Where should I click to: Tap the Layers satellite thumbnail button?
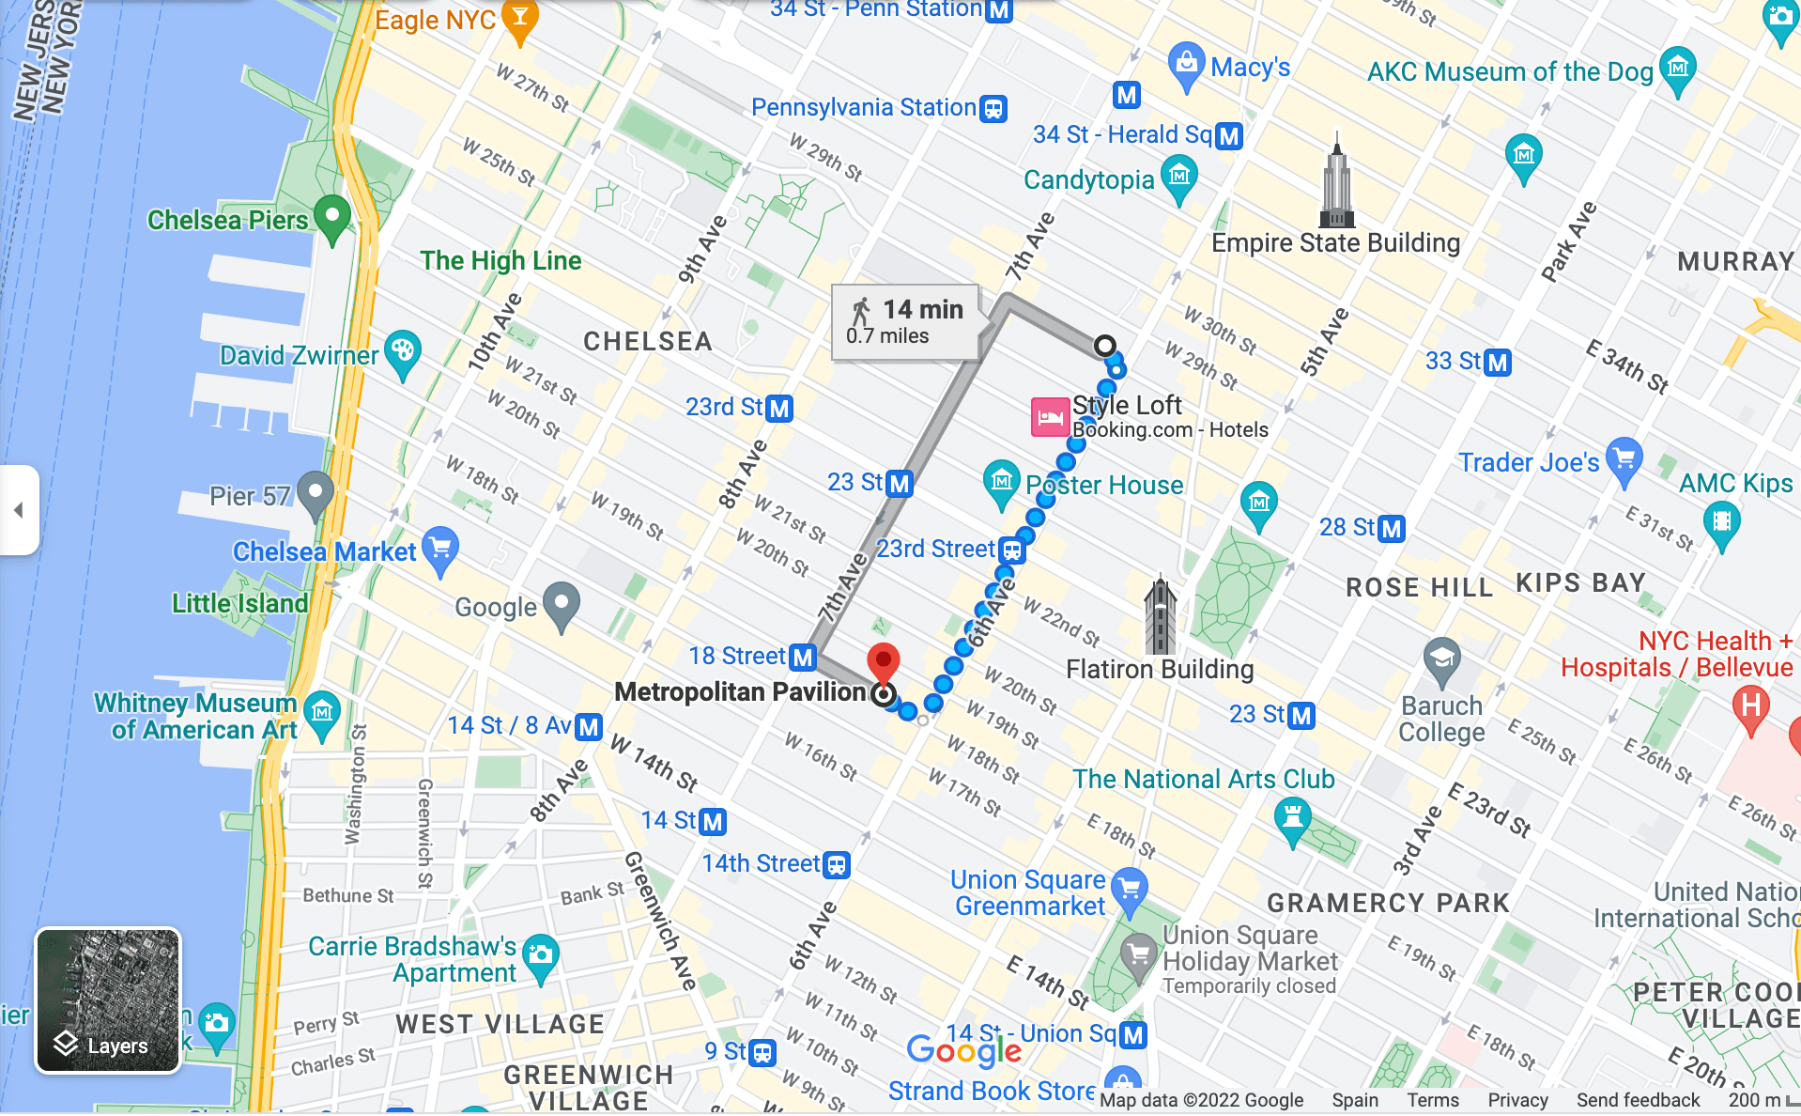click(108, 1000)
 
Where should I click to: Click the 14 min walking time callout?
click(906, 322)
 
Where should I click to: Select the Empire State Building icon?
click(1336, 183)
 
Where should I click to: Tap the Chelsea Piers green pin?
click(332, 218)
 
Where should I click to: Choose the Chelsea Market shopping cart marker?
click(439, 549)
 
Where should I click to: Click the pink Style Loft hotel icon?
click(1050, 417)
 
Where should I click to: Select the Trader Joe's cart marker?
click(1624, 460)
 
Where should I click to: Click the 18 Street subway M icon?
click(803, 657)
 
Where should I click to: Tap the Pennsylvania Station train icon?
click(993, 109)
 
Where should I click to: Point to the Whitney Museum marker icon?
click(322, 713)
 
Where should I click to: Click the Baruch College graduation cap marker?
click(1440, 660)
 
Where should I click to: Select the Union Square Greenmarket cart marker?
click(1129, 889)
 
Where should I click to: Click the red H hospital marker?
click(1750, 705)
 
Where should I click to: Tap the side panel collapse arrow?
click(18, 510)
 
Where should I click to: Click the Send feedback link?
click(1638, 1100)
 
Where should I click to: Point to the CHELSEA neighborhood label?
click(647, 341)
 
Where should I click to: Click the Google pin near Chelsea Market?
click(562, 605)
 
